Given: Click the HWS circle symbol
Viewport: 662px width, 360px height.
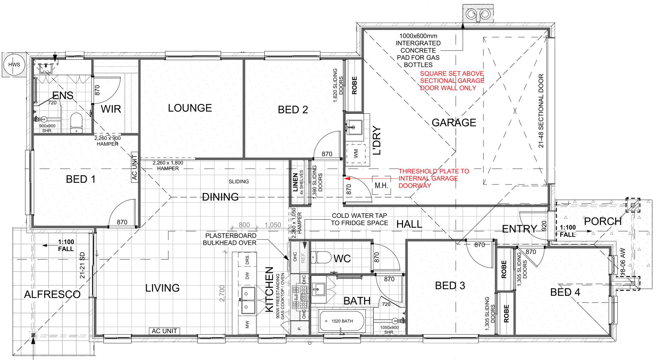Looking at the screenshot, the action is point(14,65).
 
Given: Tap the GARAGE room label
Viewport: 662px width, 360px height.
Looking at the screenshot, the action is point(454,122).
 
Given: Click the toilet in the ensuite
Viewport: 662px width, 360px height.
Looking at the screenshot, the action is point(76,123).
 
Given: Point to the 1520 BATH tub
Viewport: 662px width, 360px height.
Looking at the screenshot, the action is point(342,321).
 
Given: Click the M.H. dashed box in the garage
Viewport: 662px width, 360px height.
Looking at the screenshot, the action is point(381,186).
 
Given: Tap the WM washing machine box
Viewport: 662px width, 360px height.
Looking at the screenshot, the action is point(355,153).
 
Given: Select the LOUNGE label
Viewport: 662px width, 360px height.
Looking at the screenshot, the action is point(190,108).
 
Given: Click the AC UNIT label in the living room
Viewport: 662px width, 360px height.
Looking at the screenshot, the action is point(164,331).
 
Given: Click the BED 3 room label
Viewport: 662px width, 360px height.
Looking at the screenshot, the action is point(450,286).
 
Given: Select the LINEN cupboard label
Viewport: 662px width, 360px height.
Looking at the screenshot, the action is point(295,182).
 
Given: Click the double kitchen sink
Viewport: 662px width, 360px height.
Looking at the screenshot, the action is point(248,300).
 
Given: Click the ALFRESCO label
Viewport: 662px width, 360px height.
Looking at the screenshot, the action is point(52,294).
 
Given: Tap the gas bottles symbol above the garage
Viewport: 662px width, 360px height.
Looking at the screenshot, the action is point(477,14).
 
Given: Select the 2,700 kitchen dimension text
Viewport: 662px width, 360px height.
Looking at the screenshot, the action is point(222,293).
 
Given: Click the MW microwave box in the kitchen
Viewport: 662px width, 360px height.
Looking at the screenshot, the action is point(247,325).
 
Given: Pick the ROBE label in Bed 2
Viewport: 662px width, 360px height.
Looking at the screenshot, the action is point(354,85).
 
